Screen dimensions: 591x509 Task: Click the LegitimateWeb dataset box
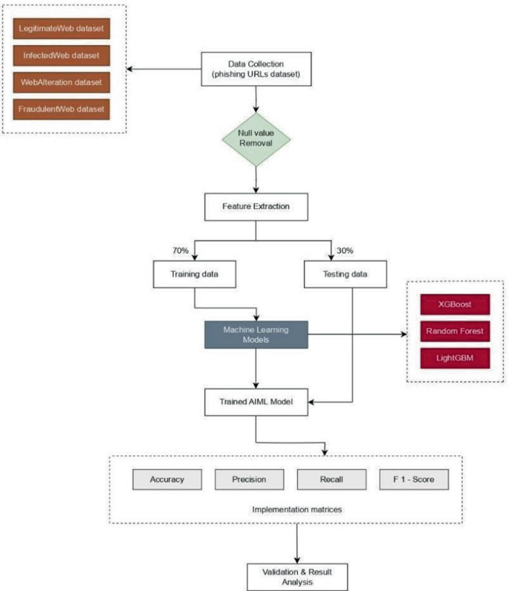point(61,30)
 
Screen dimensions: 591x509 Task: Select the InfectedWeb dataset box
point(61,56)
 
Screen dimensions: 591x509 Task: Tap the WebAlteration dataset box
point(61,82)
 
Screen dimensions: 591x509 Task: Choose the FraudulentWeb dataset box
point(61,108)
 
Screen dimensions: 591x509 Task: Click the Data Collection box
point(255,69)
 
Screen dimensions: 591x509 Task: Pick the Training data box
point(193,275)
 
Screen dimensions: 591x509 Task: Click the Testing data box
point(346,275)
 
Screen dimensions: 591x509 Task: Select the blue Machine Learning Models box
point(255,334)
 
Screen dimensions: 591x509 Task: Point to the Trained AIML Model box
point(255,402)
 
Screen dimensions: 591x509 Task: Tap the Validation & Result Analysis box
point(296,576)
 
